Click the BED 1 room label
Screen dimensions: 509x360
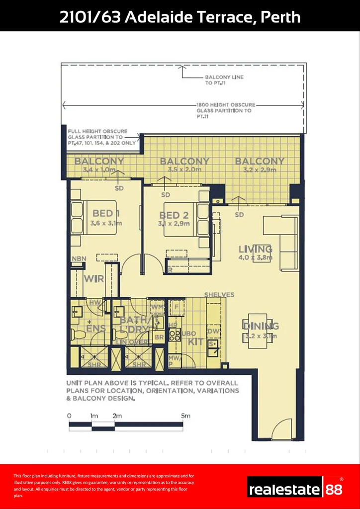pos(102,214)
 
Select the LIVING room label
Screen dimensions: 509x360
pos(255,249)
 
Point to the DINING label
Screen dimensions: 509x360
pos(261,326)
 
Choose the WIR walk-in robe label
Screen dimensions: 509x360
pos(93,279)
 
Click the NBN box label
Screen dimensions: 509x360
pos(79,259)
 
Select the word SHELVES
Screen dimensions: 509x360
pos(219,295)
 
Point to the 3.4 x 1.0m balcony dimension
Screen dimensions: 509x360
pos(99,170)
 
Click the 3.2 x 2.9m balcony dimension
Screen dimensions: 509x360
pos(260,170)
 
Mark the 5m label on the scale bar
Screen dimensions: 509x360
pos(185,416)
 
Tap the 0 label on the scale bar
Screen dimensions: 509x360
pos(69,416)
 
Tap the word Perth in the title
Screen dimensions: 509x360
pos(281,17)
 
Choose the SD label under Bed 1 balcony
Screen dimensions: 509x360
pos(119,188)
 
